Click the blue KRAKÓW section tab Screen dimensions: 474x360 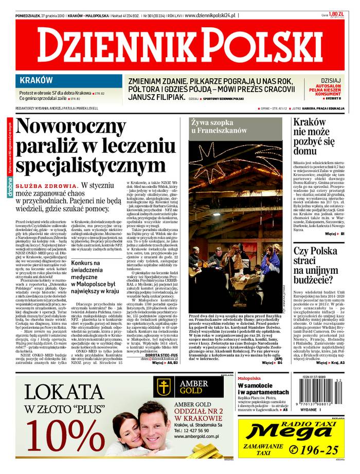coord(37,80)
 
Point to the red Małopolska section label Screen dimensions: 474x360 coord(249,378)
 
